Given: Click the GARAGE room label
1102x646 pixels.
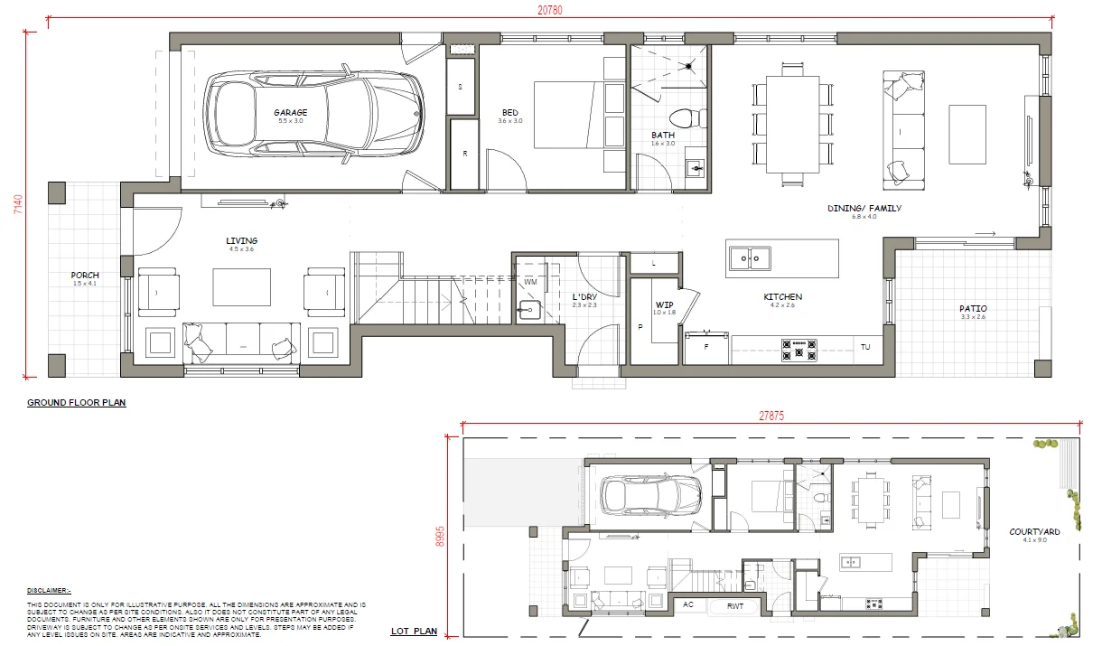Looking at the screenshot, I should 291,113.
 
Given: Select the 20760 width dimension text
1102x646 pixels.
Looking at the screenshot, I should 548,8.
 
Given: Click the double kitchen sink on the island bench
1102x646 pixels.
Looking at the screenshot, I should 750,259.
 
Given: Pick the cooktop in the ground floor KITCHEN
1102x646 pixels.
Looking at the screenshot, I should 799,348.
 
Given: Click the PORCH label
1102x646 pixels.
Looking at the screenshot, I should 85,275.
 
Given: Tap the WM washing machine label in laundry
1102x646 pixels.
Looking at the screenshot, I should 530,282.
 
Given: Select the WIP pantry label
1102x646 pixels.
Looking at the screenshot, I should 665,304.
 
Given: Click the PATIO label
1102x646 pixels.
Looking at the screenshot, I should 973,308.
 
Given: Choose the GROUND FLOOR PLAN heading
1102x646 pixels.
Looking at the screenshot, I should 77,403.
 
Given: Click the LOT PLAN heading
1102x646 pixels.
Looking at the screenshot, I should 414,632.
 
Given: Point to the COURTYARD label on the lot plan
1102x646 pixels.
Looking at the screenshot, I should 1034,532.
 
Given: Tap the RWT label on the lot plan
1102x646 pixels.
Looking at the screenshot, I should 735,606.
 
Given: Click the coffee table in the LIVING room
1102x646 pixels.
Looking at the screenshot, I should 242,287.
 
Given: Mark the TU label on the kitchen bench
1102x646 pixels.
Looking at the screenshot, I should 864,347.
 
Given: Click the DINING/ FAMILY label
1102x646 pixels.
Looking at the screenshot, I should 864,209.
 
